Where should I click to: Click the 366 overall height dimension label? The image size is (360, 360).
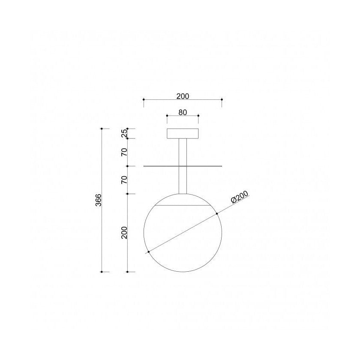(x=98, y=200)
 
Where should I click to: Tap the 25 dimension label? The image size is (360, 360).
(x=124, y=133)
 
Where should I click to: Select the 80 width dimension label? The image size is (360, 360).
(x=183, y=112)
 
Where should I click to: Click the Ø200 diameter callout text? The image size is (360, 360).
(x=240, y=197)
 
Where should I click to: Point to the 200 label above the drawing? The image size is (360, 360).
(x=183, y=96)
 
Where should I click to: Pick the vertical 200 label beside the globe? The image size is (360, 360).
(x=124, y=233)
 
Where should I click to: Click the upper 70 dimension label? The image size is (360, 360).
(x=124, y=152)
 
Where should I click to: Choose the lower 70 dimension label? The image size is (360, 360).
(x=124, y=180)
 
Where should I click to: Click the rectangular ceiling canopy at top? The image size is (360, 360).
(x=183, y=134)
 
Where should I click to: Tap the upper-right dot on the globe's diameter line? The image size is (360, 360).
(x=217, y=214)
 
